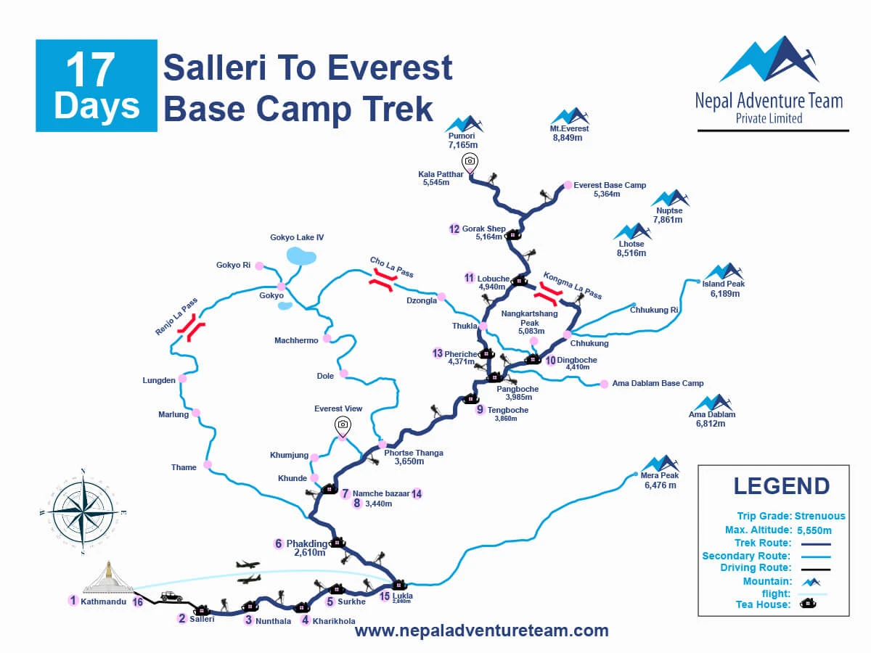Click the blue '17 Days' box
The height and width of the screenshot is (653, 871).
pyautogui.click(x=97, y=86)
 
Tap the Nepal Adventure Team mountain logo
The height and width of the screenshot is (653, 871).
pyautogui.click(x=768, y=59)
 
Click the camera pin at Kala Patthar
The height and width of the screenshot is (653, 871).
pyautogui.click(x=470, y=161)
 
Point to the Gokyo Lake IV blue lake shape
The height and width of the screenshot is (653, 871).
pyautogui.click(x=301, y=255)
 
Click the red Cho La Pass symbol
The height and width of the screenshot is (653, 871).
pyautogui.click(x=381, y=280)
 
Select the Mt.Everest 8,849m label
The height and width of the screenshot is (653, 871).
pyautogui.click(x=569, y=133)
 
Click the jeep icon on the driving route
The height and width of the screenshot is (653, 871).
pyautogui.click(x=172, y=596)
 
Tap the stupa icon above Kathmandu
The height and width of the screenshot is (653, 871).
pyautogui.click(x=108, y=578)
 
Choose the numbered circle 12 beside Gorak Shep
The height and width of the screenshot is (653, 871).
pyautogui.click(x=454, y=229)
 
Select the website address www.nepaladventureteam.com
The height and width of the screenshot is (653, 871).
pyautogui.click(x=481, y=631)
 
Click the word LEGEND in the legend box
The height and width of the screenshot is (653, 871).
pyautogui.click(x=781, y=486)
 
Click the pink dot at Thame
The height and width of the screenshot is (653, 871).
pyautogui.click(x=208, y=464)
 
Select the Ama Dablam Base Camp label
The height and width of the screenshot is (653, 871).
pyautogui.click(x=658, y=383)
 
